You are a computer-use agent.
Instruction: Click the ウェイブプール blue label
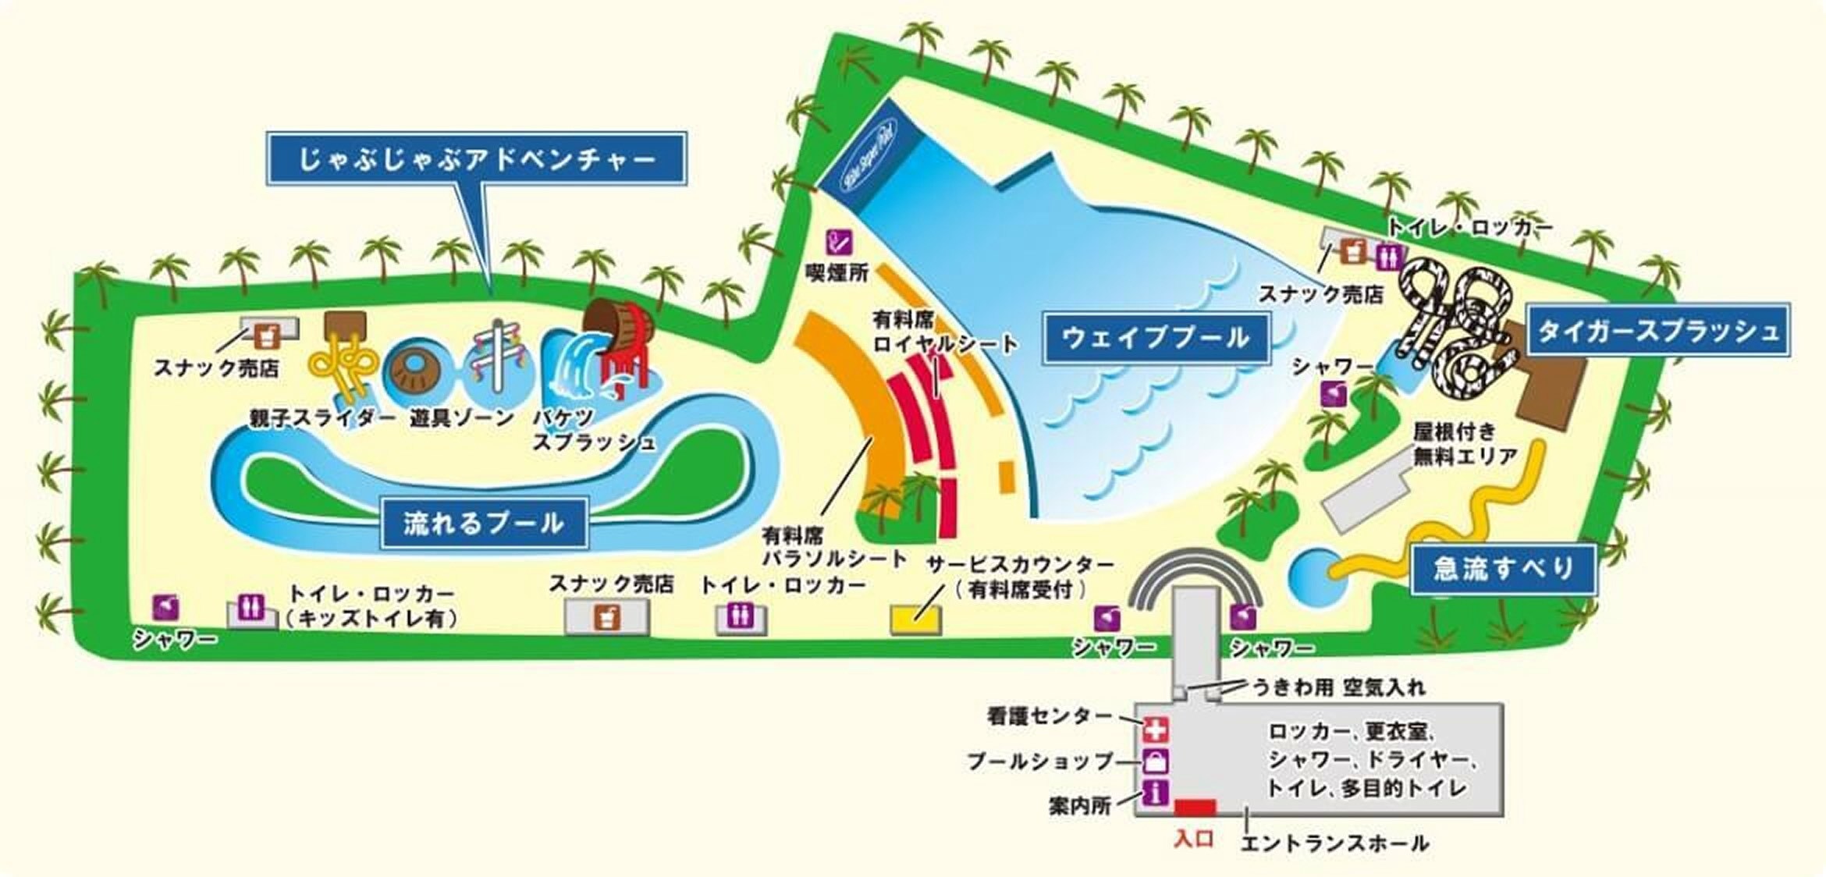pyautogui.click(x=1156, y=338)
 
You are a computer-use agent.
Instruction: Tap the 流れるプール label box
pyautogui.click(x=484, y=523)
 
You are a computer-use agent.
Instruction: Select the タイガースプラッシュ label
pyautogui.click(x=1658, y=331)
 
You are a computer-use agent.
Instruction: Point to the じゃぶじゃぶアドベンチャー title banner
pyautogui.click(x=477, y=159)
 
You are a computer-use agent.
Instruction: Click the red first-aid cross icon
pyautogui.click(x=1156, y=730)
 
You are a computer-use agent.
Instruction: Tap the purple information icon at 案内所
pyautogui.click(x=1156, y=793)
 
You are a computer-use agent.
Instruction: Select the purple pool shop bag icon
pyautogui.click(x=1156, y=761)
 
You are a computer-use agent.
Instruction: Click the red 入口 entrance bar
pyautogui.click(x=1195, y=807)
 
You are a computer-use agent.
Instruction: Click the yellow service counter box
pyautogui.click(x=915, y=620)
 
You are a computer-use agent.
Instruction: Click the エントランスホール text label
pyautogui.click(x=1334, y=843)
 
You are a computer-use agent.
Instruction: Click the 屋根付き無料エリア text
pyautogui.click(x=1464, y=443)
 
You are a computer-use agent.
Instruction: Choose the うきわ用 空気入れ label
pyautogui.click(x=1338, y=687)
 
